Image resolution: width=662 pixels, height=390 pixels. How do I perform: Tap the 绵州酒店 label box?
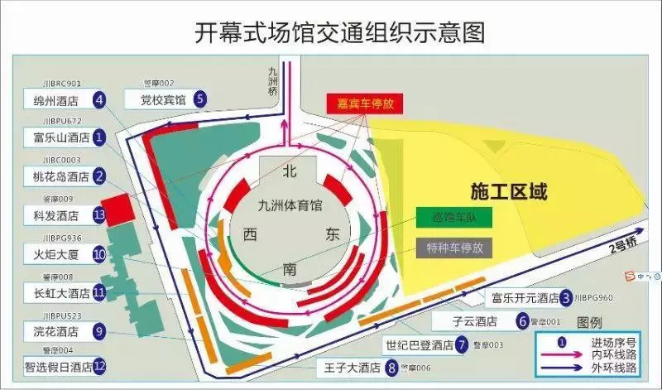(x=56, y=101)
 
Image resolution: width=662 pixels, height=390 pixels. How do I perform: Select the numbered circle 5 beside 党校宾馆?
(x=200, y=99)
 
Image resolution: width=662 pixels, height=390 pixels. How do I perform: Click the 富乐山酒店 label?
(x=56, y=137)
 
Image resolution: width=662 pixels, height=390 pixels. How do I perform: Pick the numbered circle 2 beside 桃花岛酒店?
(x=99, y=176)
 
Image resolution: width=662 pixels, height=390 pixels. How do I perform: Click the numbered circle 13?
(x=99, y=215)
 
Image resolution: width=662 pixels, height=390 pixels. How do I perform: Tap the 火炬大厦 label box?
(x=56, y=254)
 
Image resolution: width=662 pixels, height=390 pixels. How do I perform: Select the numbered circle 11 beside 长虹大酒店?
(x=99, y=292)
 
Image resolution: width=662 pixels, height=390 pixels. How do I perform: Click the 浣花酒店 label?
(x=56, y=331)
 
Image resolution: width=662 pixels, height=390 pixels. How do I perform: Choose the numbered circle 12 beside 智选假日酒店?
(x=99, y=365)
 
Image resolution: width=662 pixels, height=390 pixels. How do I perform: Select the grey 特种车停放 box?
(x=454, y=247)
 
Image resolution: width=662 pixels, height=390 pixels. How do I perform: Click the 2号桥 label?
(x=621, y=246)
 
